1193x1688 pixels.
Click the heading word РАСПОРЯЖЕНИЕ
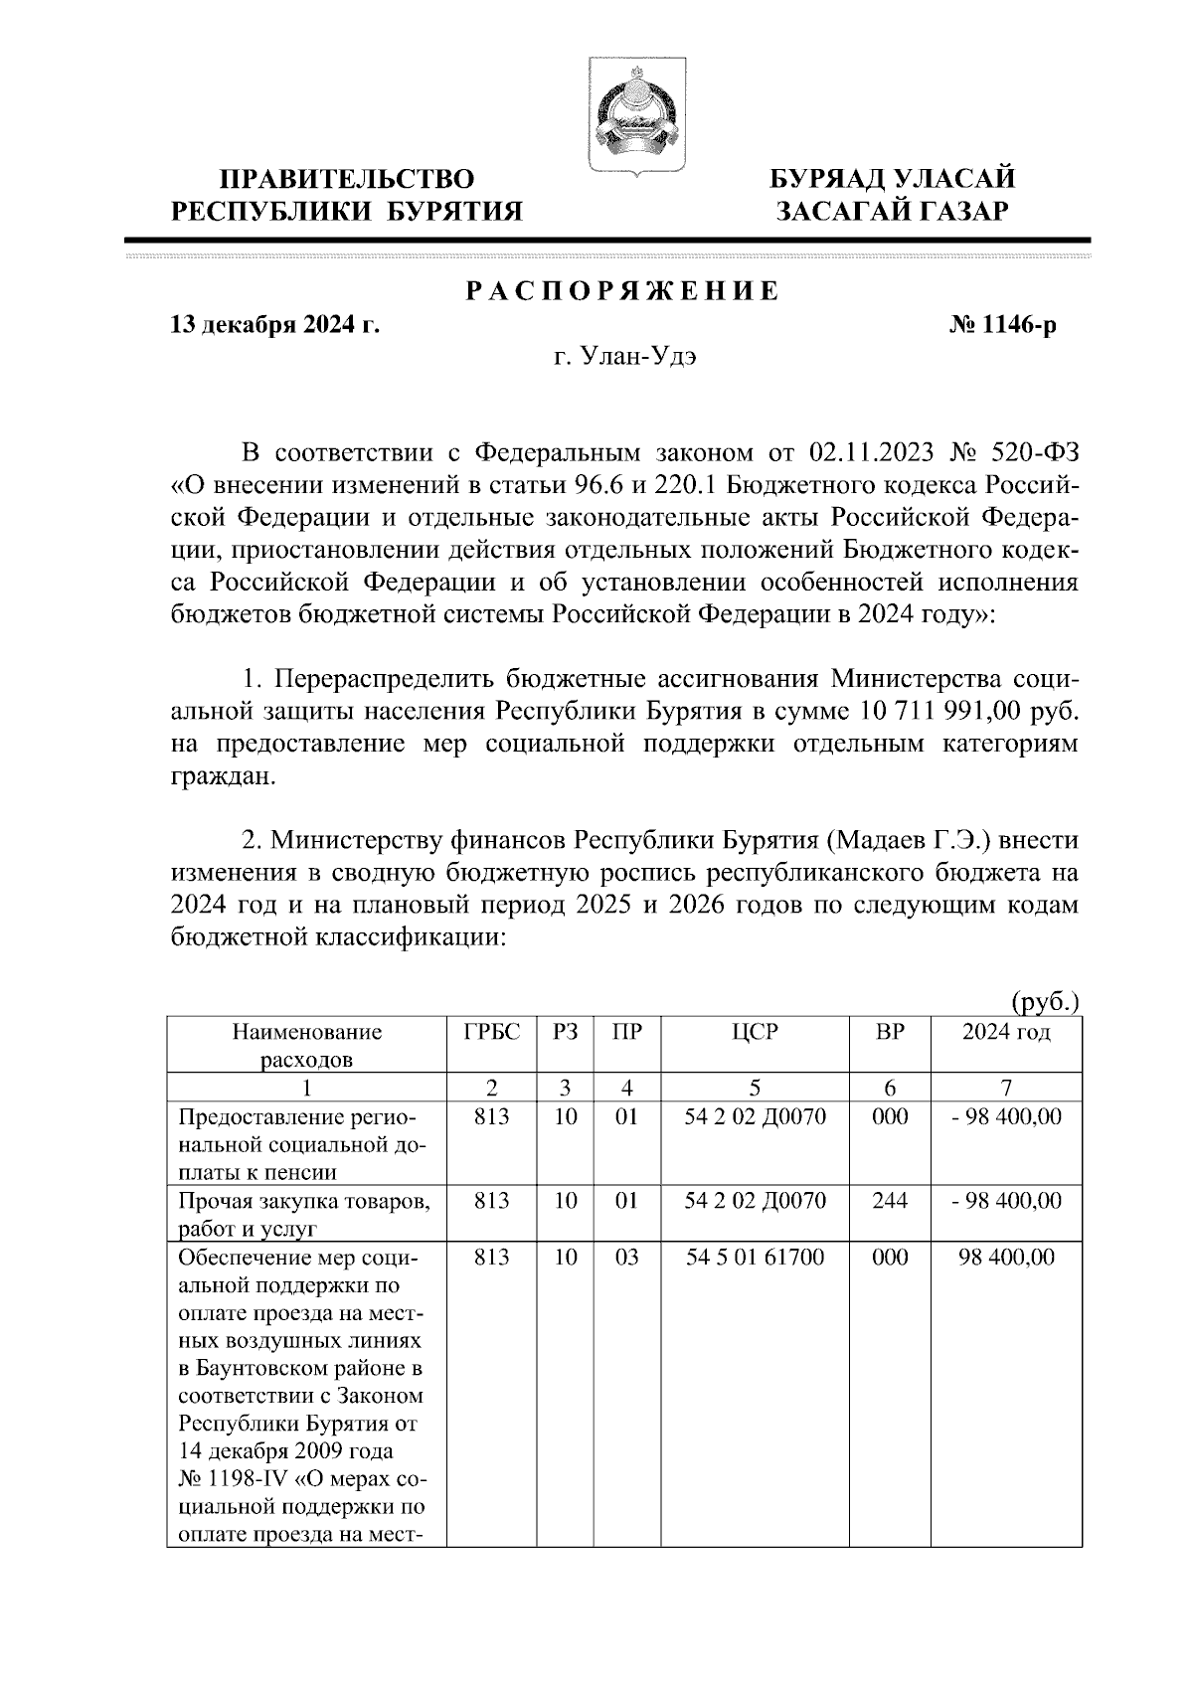point(623,292)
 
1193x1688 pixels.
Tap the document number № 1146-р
point(1002,325)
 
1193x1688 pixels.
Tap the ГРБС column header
point(492,1033)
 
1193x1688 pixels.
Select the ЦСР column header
point(756,1033)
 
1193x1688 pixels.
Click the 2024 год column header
point(1005,1033)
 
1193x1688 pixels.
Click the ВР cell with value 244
point(889,1201)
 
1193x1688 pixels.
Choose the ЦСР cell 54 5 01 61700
point(756,1258)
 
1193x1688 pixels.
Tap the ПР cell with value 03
point(625,1258)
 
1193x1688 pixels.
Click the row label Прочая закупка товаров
point(303,1201)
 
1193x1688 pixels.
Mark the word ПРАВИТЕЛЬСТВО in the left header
point(347,180)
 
